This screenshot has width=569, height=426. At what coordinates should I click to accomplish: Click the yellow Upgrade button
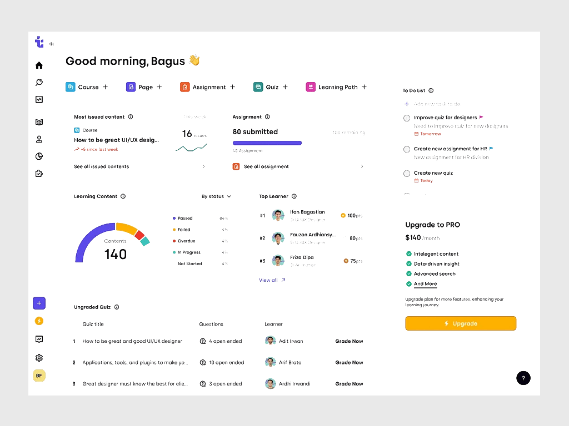pos(461,323)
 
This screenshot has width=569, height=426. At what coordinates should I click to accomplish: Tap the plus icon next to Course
pos(106,87)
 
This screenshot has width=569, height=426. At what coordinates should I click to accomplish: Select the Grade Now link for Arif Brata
pos(349,363)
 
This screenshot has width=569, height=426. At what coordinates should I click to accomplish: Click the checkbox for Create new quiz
pos(407,174)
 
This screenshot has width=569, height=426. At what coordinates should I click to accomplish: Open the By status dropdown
pos(216,196)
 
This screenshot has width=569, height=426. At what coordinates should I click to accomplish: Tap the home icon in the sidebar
pos(39,65)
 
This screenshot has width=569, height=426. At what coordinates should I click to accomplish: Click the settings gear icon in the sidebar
pos(39,358)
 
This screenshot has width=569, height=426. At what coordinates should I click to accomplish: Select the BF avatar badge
pos(39,376)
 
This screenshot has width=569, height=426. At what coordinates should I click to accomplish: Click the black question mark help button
pos(523,378)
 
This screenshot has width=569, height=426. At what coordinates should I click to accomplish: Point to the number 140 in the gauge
pos(116,255)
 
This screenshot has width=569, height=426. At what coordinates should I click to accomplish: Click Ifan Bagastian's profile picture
pos(278,215)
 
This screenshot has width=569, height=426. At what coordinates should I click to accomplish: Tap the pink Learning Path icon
pos(311,87)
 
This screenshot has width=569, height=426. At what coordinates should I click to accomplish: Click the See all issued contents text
pos(102,166)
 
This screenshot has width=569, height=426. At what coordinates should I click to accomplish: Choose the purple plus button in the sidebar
pos(39,303)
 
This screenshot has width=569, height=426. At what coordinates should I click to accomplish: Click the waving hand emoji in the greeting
pos(194,60)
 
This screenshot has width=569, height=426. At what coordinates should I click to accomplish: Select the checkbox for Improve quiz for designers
pos(407,118)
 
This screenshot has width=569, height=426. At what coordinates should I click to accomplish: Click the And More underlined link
pos(425,284)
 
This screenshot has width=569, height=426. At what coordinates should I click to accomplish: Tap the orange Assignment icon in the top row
pos(184,87)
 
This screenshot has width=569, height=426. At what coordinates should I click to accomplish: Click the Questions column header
pos(211,324)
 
